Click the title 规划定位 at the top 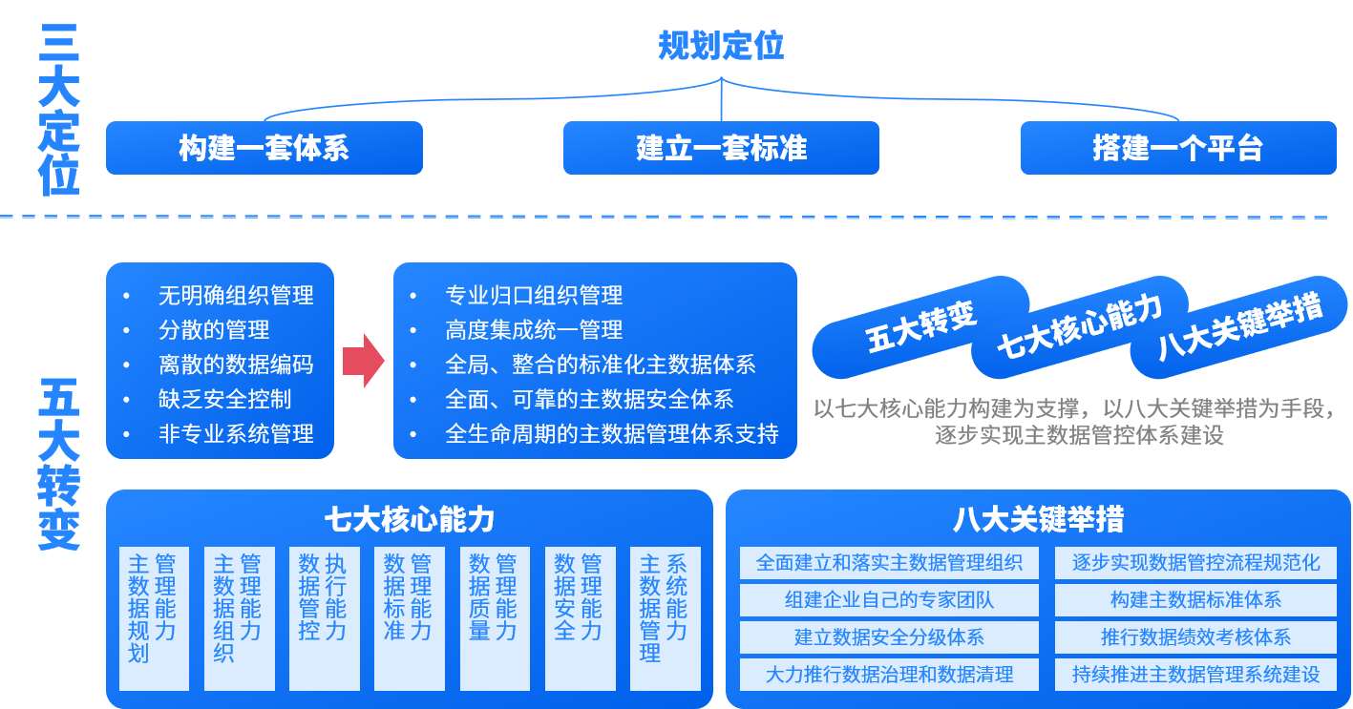tap(721, 45)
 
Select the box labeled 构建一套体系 tap(264, 148)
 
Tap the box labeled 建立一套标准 tap(721, 148)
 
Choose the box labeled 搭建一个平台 tap(1177, 148)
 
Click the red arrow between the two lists tap(363, 361)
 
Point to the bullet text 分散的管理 tap(214, 330)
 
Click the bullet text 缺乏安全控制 tap(224, 399)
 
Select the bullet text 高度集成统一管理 tap(534, 330)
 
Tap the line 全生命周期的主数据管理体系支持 tap(611, 434)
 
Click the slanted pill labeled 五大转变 tap(920, 326)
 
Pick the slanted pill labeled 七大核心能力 tap(1080, 326)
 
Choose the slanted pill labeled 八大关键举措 tap(1239, 326)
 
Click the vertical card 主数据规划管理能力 tap(154, 617)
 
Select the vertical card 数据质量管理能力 tap(495, 617)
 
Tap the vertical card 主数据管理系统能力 tap(665, 617)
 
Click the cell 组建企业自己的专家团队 tap(889, 600)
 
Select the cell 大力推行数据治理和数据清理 tap(889, 675)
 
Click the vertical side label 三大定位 tap(59, 110)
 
